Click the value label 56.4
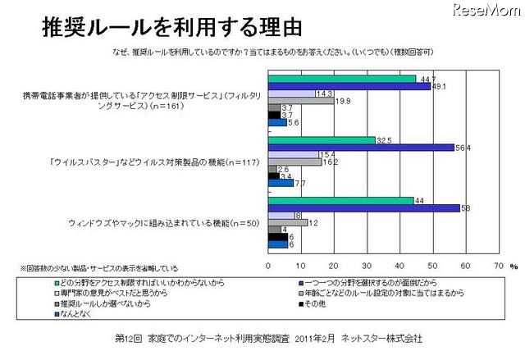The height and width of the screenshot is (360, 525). (465, 148)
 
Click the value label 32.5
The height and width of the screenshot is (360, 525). (384, 139)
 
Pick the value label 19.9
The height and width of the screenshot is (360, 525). (343, 102)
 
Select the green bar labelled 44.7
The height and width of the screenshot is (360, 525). (341, 78)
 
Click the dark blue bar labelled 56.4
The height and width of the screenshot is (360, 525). (362, 148)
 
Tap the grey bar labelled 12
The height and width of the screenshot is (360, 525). (288, 222)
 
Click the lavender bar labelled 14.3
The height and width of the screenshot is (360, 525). (292, 93)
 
